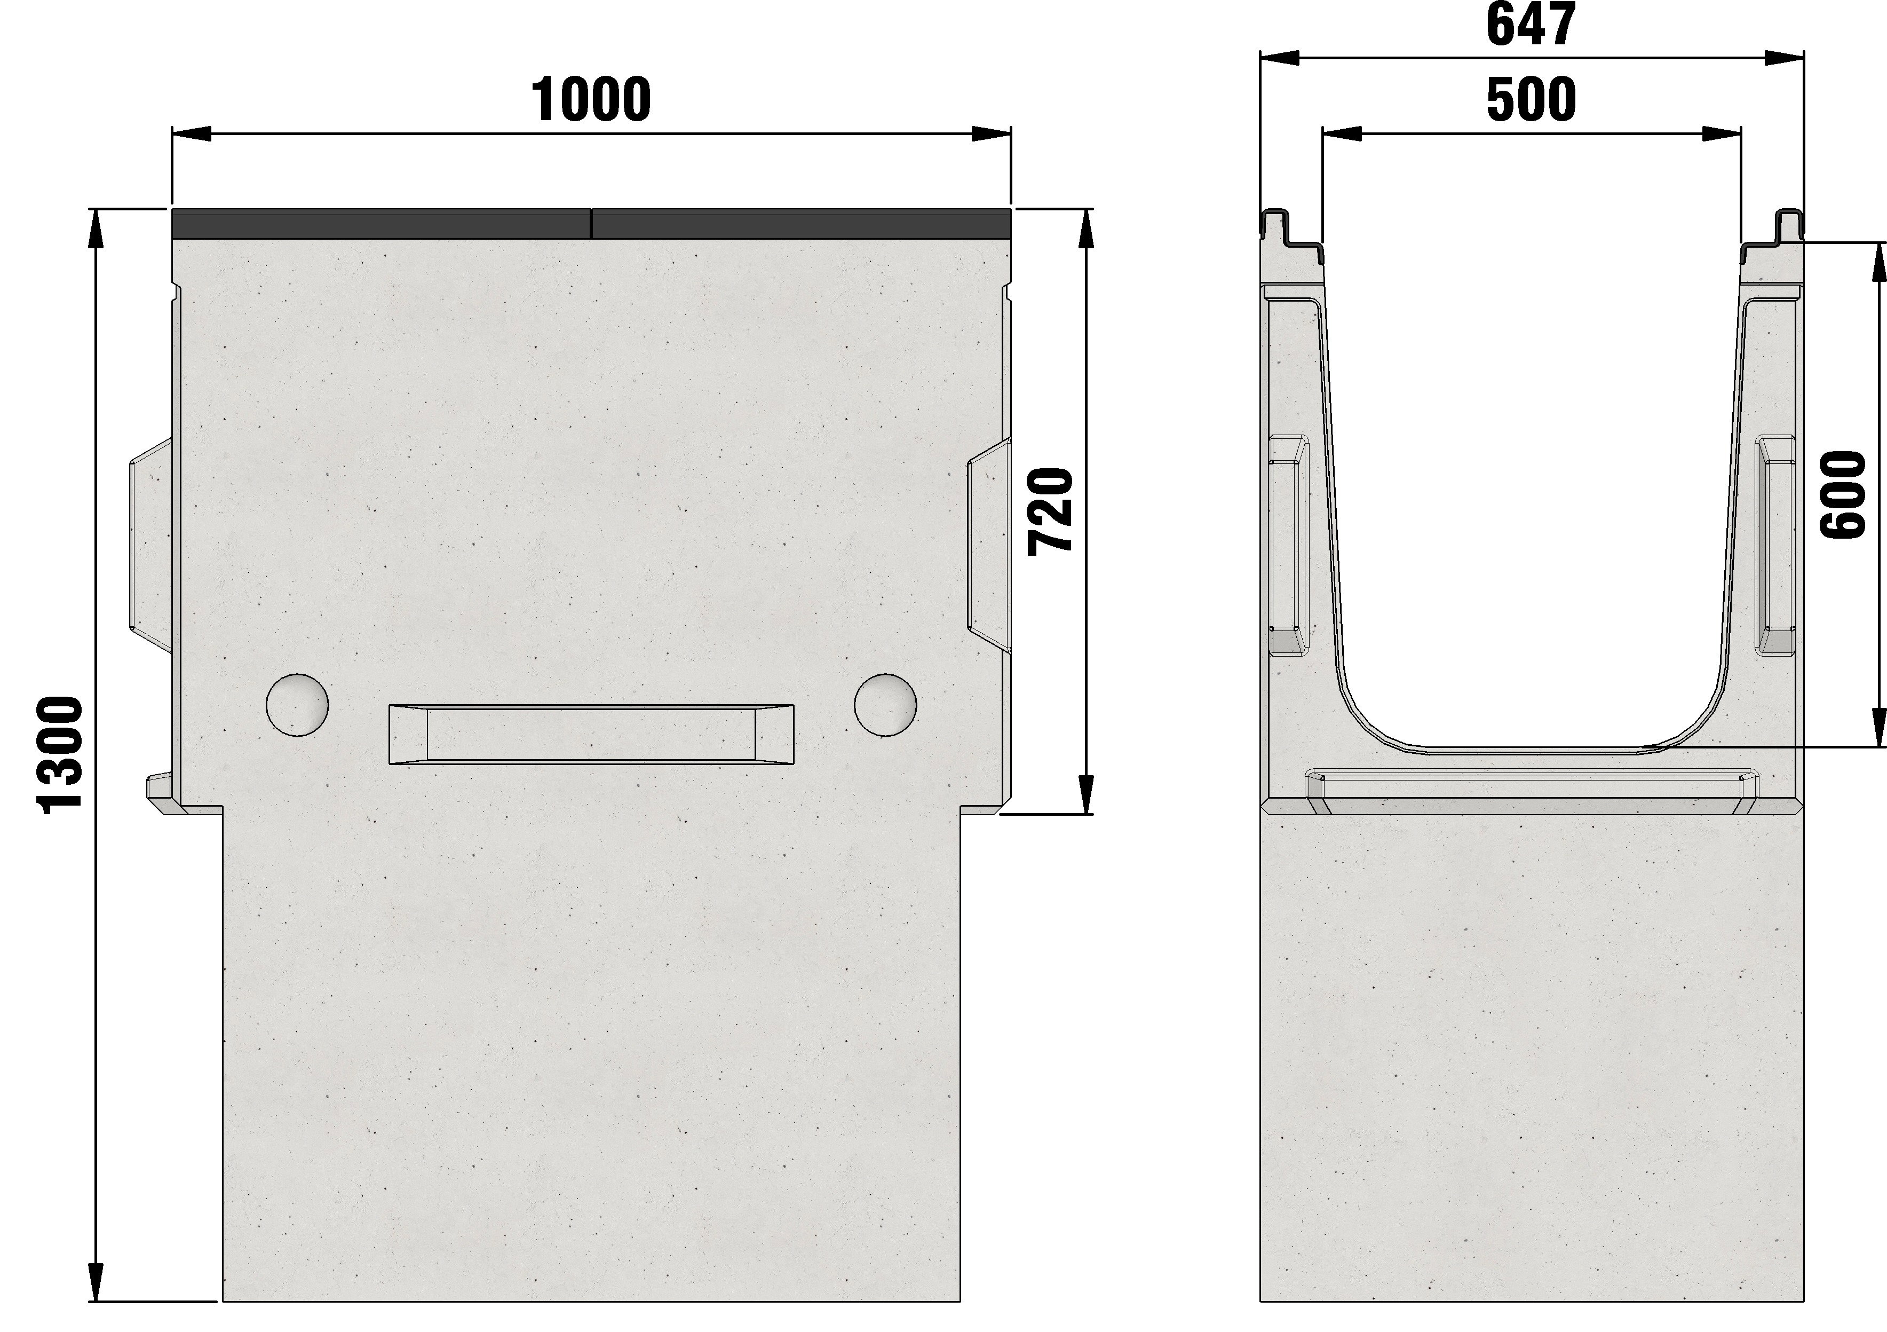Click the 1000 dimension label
click(x=592, y=99)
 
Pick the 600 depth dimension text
click(x=1843, y=495)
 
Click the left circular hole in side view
click(x=298, y=704)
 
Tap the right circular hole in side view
click(x=885, y=704)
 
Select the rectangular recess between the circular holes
click(x=592, y=734)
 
